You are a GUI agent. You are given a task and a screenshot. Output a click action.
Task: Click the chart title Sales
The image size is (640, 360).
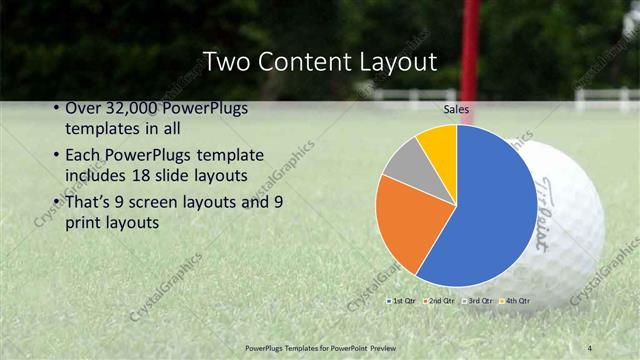point(456,109)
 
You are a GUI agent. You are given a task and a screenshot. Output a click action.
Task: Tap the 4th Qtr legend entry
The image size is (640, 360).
point(516,300)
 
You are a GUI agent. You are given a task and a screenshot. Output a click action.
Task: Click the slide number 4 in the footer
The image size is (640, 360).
point(591,346)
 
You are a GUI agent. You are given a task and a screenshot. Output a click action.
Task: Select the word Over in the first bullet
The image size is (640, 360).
point(82,109)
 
